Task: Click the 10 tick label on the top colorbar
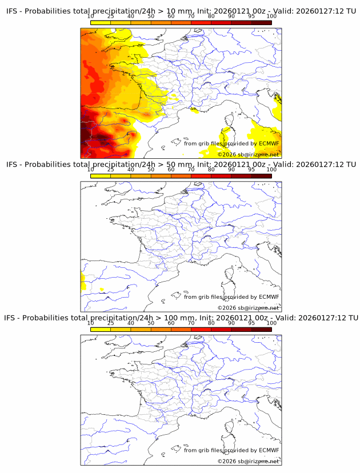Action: pyautogui.click(x=90, y=16)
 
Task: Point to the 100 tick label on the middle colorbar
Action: pyautogui.click(x=271, y=170)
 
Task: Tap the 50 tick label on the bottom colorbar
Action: pyautogui.click(x=151, y=323)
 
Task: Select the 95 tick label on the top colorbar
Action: pyautogui.click(x=251, y=16)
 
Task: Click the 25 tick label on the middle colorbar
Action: pyautogui.click(x=110, y=170)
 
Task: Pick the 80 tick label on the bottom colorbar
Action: pyautogui.click(x=211, y=323)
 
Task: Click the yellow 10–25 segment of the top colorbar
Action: pyautogui.click(x=101, y=23)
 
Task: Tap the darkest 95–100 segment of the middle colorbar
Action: pyautogui.click(x=261, y=176)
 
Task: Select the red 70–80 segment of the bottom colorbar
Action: pyautogui.click(x=201, y=329)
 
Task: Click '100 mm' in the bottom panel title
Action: pyautogui.click(x=177, y=318)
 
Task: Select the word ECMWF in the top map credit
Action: pyautogui.click(x=269, y=143)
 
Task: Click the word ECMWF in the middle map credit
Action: pyautogui.click(x=269, y=296)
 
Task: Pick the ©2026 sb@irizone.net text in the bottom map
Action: pyautogui.click(x=248, y=460)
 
